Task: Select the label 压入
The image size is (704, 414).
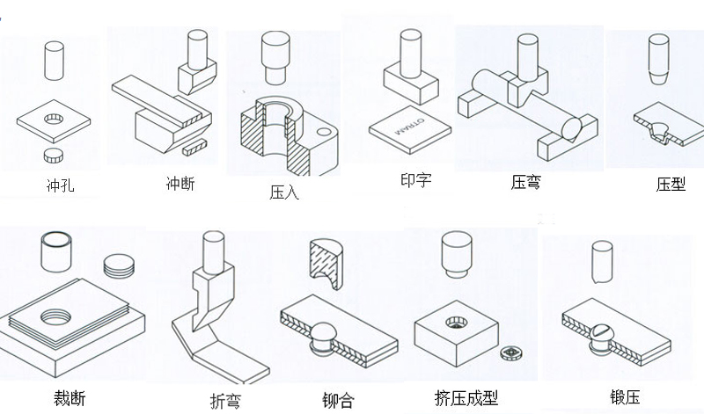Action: coord(284,192)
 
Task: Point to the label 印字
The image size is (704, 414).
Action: coord(414,180)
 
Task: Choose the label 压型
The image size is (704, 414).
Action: coord(671,184)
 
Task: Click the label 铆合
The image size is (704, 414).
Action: coord(338,401)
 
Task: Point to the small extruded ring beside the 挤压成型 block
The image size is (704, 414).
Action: coord(510,352)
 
